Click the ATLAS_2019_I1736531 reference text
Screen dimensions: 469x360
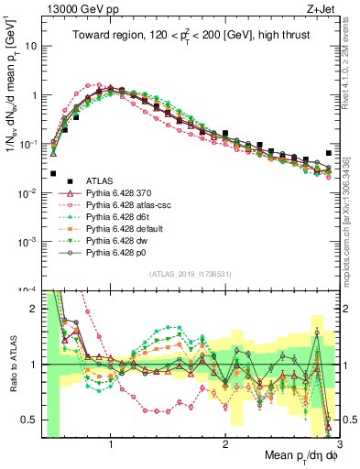point(191,274)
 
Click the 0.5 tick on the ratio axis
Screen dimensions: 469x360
point(30,420)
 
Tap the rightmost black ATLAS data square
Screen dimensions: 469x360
point(329,153)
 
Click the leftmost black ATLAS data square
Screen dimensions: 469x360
point(54,173)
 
